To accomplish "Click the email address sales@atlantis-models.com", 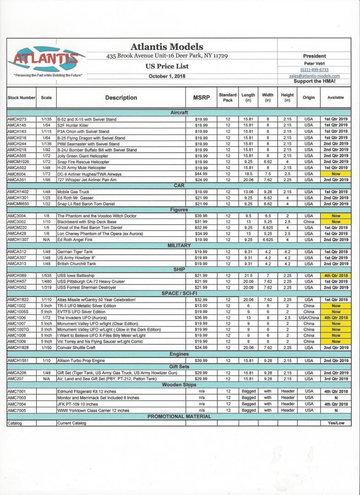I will (314, 76).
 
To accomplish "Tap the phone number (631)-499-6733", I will (314, 70).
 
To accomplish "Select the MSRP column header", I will (199, 98).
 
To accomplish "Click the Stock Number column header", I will (21, 98).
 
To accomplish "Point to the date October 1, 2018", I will (167, 76).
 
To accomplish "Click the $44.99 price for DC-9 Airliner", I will (199, 174).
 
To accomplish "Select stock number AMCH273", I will (17, 119).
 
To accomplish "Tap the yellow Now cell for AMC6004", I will (336, 174).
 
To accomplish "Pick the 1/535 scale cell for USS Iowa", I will (46, 275).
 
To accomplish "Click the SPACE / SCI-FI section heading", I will (179, 293).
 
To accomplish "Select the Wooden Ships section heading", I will (179, 385).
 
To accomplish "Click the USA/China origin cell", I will (309, 318).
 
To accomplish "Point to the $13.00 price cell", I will (199, 306).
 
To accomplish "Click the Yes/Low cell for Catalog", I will (336, 423).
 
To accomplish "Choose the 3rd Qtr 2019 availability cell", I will (336, 379).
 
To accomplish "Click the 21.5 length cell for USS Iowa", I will (248, 275).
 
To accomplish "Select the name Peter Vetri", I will (314, 63).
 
